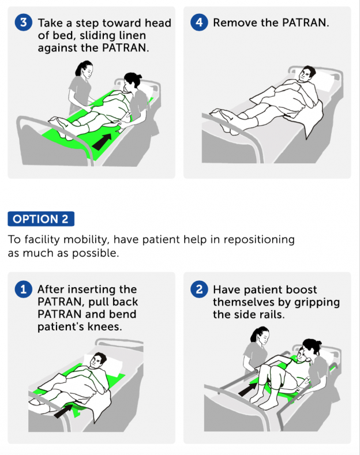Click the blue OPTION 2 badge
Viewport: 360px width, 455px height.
[x=41, y=219]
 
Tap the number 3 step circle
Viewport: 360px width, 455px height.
[x=23, y=23]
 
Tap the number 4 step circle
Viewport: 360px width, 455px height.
[x=198, y=23]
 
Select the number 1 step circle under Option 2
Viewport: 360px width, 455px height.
[x=23, y=289]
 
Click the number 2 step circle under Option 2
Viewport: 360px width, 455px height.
[x=198, y=289]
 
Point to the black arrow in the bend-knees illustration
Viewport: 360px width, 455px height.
[x=65, y=410]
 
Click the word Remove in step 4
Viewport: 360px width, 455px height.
[x=232, y=23]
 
